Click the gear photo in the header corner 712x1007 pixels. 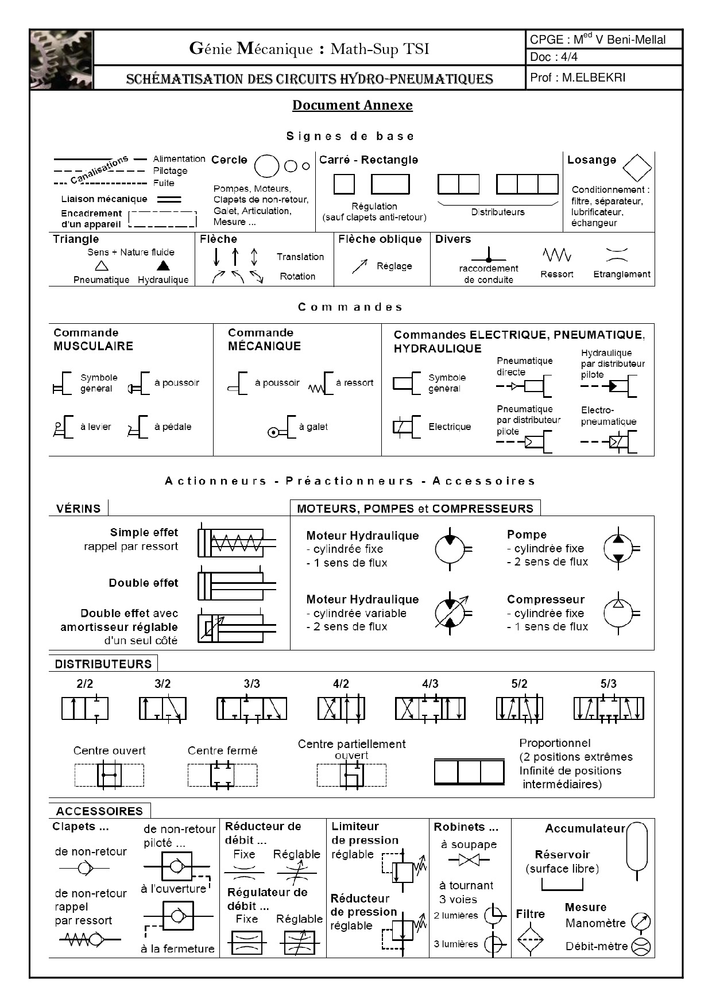tap(61, 60)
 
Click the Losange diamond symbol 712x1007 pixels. tap(637, 168)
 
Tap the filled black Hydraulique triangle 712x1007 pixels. tap(163, 265)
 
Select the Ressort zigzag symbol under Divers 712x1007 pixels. tap(556, 254)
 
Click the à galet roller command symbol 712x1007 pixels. tap(281, 428)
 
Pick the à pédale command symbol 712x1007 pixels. tap(138, 427)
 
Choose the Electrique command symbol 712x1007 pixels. tap(407, 427)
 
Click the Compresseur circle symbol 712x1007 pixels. tap(619, 613)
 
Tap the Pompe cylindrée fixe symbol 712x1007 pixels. tap(619, 549)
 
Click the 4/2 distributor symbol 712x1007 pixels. tap(341, 708)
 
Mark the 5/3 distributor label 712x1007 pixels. tap(608, 684)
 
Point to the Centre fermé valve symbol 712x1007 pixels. tap(222, 775)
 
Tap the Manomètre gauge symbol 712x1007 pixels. tap(641, 923)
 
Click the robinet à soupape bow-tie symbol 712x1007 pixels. tap(470, 860)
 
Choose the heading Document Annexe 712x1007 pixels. tap(352, 106)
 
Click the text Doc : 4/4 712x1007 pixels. tap(554, 57)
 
